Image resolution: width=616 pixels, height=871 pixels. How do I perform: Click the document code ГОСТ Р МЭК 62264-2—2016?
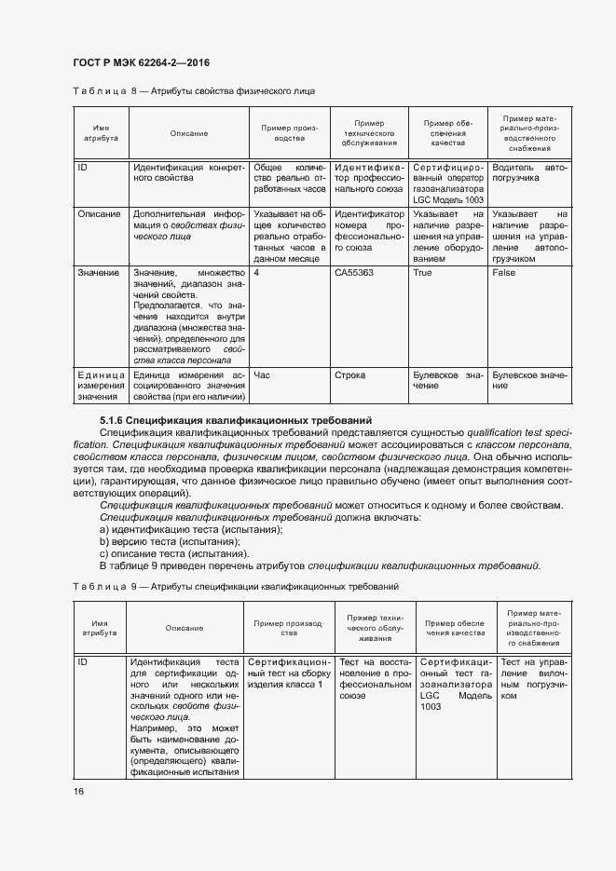(140, 62)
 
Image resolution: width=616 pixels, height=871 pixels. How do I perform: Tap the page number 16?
(77, 791)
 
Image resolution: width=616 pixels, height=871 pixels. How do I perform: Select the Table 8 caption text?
(193, 91)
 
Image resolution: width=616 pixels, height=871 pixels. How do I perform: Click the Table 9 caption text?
(236, 587)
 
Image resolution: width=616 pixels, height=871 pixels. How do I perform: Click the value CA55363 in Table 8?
(353, 273)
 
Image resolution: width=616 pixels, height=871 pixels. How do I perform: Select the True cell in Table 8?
(422, 273)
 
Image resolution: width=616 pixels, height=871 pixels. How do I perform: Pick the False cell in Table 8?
(504, 273)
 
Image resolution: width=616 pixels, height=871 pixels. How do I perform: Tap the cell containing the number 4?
(256, 273)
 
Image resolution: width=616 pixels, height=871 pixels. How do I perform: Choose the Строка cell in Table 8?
(349, 375)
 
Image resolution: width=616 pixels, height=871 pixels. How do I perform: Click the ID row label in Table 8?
(82, 167)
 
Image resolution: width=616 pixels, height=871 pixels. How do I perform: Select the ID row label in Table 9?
(82, 661)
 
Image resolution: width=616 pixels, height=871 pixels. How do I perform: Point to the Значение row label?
(98, 273)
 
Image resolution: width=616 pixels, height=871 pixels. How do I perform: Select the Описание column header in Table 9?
(184, 628)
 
